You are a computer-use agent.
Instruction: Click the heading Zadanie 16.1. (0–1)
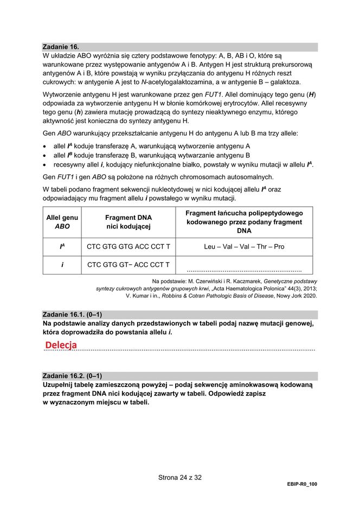point(72,315)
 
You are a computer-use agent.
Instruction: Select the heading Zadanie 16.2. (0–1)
point(72,376)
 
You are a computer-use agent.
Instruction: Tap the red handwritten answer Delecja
point(61,345)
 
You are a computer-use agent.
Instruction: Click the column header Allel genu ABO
point(62,222)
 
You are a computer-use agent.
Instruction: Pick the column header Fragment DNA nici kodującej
point(128,222)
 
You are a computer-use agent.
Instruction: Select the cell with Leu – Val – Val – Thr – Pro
point(244,246)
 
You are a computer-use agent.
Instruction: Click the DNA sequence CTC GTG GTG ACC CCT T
point(128,246)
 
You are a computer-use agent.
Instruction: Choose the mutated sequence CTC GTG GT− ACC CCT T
point(128,265)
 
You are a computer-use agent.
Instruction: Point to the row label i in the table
point(62,265)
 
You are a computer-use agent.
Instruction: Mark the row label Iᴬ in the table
point(62,246)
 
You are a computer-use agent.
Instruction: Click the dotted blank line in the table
point(244,269)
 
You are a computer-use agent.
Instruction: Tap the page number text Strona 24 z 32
point(180,478)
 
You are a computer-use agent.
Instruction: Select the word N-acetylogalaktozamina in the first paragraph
point(175,82)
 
